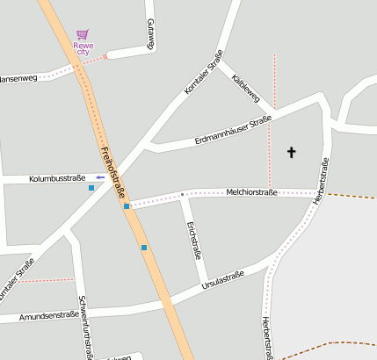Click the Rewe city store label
[x=83, y=48]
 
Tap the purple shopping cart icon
[x=83, y=35]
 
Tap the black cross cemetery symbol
[x=292, y=153]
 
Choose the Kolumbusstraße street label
[x=57, y=178]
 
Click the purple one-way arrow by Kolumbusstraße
[x=100, y=177]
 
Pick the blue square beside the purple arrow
[x=91, y=188]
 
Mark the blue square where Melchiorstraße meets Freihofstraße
[x=127, y=206]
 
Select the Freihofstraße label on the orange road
[x=113, y=172]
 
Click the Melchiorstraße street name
[x=251, y=191]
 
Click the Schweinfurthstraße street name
[x=85, y=328]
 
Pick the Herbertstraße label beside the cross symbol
[x=322, y=180]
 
